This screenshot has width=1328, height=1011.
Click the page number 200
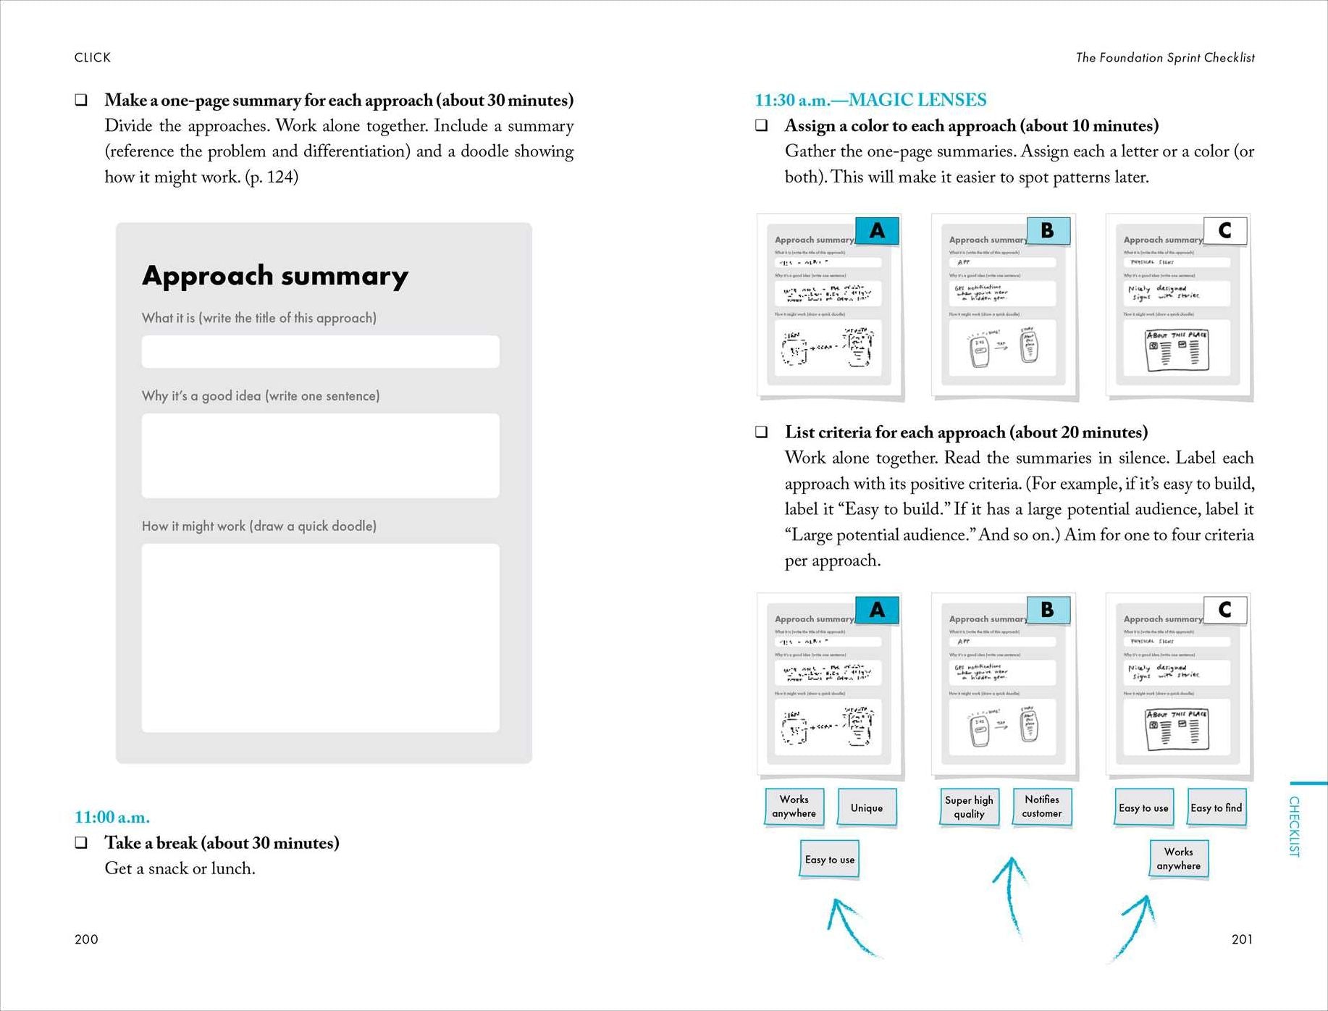86,939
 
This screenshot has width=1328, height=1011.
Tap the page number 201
1242,939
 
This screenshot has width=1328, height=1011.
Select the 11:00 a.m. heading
112,817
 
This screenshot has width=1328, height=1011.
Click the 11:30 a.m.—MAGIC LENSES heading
870,100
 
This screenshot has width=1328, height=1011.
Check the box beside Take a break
82,843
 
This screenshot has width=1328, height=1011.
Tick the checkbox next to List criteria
762,432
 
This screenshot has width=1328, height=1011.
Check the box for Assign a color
762,126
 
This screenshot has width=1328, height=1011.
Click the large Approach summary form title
275,276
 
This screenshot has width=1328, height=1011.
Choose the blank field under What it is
320,352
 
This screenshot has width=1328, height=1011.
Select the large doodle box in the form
320,638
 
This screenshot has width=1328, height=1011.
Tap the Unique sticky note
867,807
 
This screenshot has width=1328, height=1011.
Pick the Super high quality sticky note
969,807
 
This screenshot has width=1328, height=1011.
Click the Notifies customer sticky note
1042,807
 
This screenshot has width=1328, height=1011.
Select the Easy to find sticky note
1216,807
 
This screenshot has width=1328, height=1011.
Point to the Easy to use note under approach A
830,860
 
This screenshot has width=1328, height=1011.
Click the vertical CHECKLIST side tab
1295,826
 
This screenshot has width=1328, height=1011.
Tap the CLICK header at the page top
93,58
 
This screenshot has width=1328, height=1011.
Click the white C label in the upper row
1225,231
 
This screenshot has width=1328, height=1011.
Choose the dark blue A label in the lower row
877,611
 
